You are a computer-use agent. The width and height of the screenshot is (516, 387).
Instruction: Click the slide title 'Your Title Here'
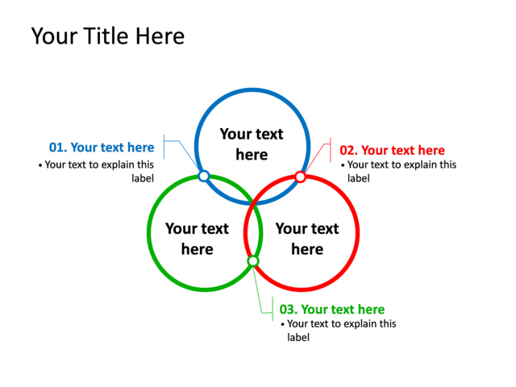pyautogui.click(x=107, y=36)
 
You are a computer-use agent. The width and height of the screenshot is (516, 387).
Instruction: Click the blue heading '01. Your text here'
pyautogui.click(x=102, y=148)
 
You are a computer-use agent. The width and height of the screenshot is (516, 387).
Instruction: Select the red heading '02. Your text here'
pyautogui.click(x=392, y=150)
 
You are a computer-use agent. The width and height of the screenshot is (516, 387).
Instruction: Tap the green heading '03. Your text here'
pyautogui.click(x=331, y=310)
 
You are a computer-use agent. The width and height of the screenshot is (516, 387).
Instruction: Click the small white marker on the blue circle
pyautogui.click(x=204, y=176)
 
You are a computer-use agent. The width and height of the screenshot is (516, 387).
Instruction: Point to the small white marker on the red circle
pyautogui.click(x=300, y=177)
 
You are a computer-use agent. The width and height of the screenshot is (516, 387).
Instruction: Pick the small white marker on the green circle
pyautogui.click(x=252, y=261)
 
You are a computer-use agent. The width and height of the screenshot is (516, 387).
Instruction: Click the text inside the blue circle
pyautogui.click(x=252, y=144)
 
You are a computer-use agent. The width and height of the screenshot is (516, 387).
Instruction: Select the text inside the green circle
pyautogui.click(x=197, y=239)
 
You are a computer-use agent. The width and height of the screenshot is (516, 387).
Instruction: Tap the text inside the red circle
pyautogui.click(x=307, y=239)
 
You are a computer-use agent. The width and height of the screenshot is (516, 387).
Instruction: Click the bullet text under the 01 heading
pyautogui.click(x=96, y=171)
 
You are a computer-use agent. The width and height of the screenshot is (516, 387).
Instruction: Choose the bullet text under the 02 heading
pyautogui.click(x=398, y=171)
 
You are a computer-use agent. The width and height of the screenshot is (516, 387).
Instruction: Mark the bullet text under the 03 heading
pyautogui.click(x=339, y=331)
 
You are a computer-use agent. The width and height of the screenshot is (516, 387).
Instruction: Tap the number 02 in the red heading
pyautogui.click(x=348, y=150)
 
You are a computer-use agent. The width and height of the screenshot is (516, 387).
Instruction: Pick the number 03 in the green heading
pyautogui.click(x=288, y=310)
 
